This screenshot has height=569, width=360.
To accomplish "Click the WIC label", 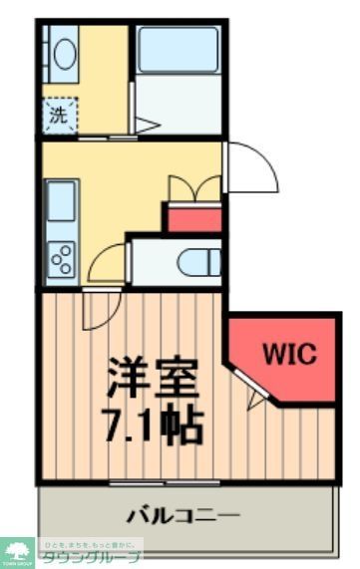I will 288,353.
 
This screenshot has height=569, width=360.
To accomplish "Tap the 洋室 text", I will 154,378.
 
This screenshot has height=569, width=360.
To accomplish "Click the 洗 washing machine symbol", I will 59,115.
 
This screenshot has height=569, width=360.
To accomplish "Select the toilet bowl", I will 199,263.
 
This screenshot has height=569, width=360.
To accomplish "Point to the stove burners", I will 61,258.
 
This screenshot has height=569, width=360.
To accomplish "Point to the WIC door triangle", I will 258,400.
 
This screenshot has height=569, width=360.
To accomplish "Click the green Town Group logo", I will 18,551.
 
